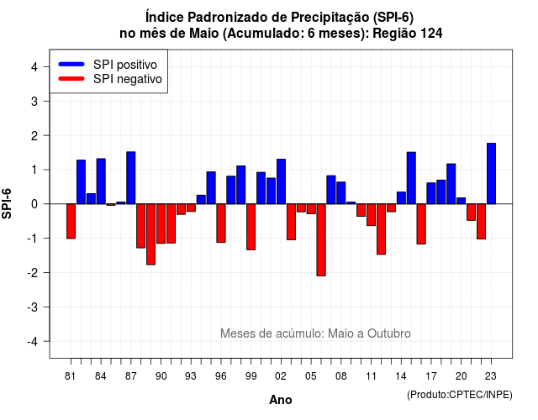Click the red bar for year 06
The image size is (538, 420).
[x=321, y=239]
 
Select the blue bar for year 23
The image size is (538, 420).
[x=491, y=174]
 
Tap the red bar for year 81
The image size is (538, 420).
[x=71, y=221]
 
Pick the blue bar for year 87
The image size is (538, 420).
[x=131, y=177]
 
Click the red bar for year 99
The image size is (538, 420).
[x=251, y=227]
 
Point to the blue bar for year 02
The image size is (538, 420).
[x=281, y=181]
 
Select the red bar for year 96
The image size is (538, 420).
[x=221, y=223]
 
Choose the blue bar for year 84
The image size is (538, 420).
[x=101, y=181]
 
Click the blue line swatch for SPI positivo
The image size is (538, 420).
[x=71, y=64]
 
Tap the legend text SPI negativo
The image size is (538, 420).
[x=127, y=79]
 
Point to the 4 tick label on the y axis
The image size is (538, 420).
[x=34, y=67]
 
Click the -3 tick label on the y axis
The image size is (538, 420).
[x=33, y=307]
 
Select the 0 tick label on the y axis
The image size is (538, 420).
[x=34, y=204]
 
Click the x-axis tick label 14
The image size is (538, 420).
[x=401, y=376]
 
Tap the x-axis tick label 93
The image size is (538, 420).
[x=191, y=376]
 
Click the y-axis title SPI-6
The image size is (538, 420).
[x=7, y=203]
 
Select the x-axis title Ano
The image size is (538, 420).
[x=281, y=400]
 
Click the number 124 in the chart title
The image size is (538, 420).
[x=431, y=34]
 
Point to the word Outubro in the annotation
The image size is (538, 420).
[x=389, y=333]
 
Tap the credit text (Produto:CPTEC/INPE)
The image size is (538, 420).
[x=460, y=395]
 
